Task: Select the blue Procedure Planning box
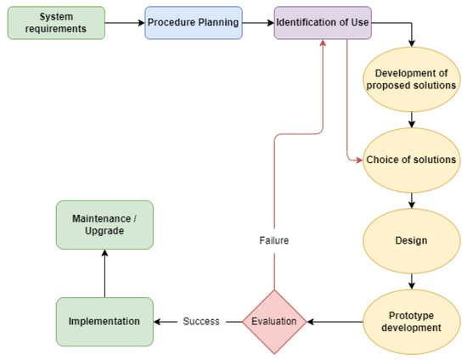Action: point(193,22)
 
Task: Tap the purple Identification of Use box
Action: point(324,22)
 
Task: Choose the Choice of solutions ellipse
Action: point(412,160)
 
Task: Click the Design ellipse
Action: point(412,239)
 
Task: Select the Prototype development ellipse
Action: point(412,321)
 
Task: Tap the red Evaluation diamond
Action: point(274,321)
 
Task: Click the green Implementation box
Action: point(104,321)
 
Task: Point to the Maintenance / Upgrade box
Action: point(104,224)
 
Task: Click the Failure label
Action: point(274,240)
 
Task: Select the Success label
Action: point(200,321)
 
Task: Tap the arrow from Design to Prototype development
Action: point(412,281)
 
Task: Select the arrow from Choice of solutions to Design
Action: point(412,200)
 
